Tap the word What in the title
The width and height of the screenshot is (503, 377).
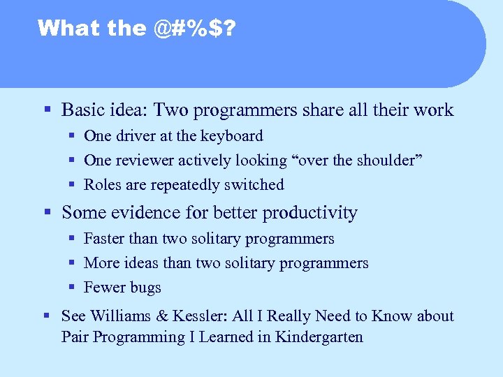pyautogui.click(x=61, y=28)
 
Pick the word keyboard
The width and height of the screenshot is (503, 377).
pyautogui.click(x=233, y=136)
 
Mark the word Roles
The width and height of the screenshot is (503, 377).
pyautogui.click(x=102, y=185)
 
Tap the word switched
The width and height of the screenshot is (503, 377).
pyautogui.click(x=256, y=185)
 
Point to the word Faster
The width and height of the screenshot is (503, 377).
pyautogui.click(x=104, y=239)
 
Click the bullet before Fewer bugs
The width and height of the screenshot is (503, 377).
pyautogui.click(x=72, y=288)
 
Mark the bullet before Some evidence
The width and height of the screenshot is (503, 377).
pyautogui.click(x=47, y=212)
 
